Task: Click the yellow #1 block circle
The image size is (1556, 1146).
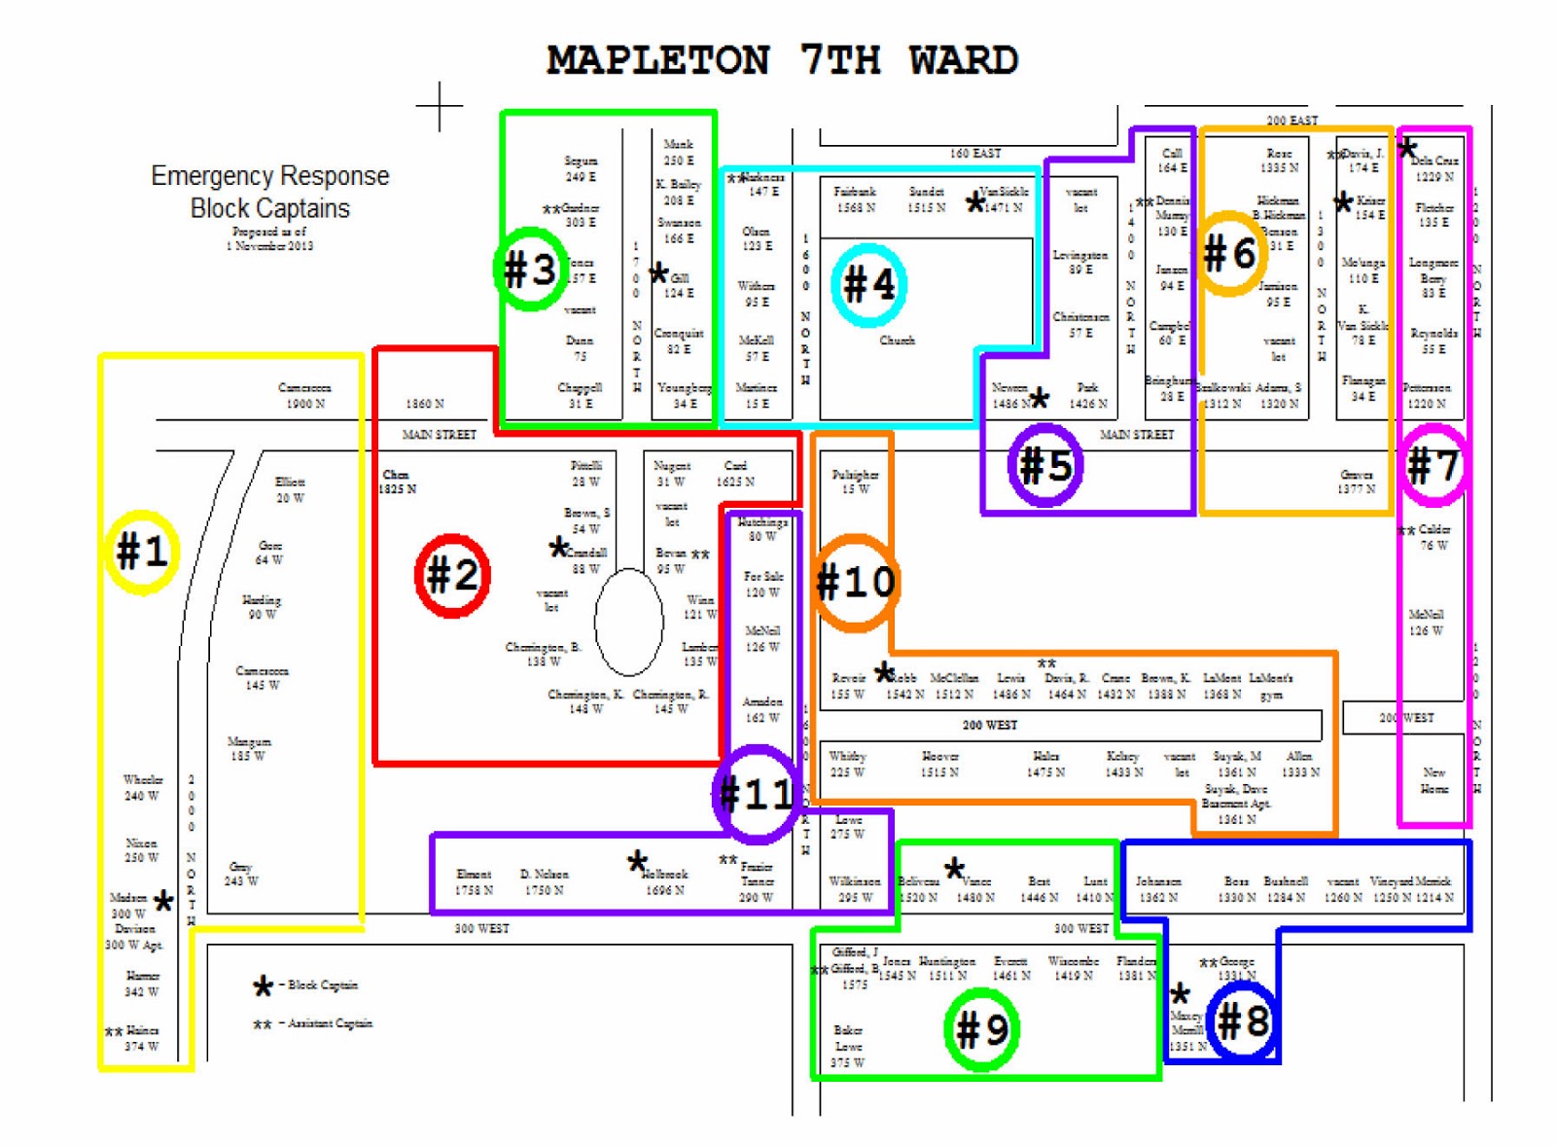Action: [142, 552]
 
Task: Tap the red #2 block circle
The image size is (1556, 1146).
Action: [452, 575]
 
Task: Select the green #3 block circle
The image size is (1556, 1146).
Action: [530, 269]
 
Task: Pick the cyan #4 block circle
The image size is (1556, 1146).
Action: [868, 284]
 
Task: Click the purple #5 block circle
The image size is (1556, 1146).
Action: [1045, 465]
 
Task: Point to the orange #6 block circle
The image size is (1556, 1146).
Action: [1229, 254]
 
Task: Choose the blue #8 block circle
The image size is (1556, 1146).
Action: [1242, 1021]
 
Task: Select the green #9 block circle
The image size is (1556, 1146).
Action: [981, 1028]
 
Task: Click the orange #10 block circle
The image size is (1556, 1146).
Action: [855, 582]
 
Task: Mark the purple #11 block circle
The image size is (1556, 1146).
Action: [757, 794]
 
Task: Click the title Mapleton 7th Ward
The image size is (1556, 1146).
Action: [782, 60]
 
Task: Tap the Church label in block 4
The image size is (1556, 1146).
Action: [897, 340]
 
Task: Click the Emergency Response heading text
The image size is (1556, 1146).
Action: [269, 176]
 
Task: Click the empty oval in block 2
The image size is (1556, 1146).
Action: [628, 622]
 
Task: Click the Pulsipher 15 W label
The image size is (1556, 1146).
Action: [855, 482]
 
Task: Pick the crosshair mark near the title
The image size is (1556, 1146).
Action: [440, 105]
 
